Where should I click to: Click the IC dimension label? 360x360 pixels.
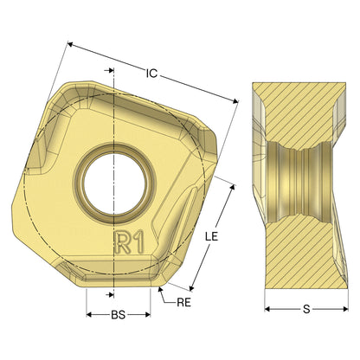point(151,74)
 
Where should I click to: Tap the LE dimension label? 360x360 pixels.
point(211,236)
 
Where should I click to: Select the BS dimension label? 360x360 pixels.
point(119,315)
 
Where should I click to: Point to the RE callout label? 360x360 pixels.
point(183,302)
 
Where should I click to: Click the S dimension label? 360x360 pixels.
point(306,309)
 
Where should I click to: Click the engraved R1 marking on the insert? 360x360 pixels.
point(129,242)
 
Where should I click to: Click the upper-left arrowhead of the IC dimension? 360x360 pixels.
point(70,44)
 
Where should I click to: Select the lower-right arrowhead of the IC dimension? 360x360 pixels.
point(235,100)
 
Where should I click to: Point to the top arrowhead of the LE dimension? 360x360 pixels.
point(233,188)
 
